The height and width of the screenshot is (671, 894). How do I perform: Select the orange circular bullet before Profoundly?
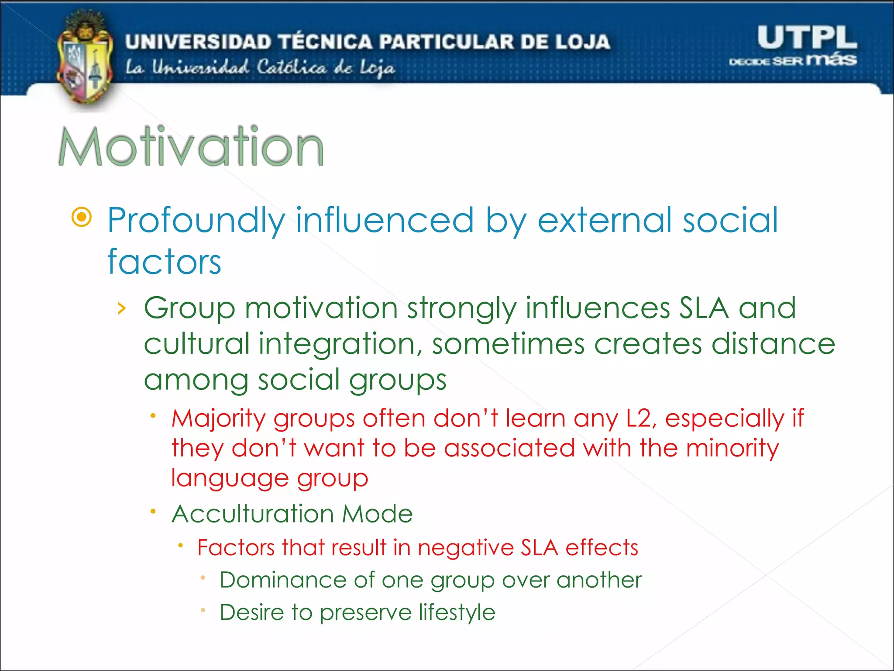click(x=82, y=217)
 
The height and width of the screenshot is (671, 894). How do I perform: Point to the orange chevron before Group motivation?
click(x=122, y=308)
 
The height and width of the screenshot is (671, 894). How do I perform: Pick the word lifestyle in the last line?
click(x=457, y=612)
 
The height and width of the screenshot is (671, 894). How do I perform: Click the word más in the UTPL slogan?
click(x=831, y=59)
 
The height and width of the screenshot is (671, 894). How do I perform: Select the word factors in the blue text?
click(x=164, y=262)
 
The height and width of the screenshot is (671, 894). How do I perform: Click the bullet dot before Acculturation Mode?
click(x=153, y=511)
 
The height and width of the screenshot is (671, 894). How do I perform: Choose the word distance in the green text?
click(x=773, y=344)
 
